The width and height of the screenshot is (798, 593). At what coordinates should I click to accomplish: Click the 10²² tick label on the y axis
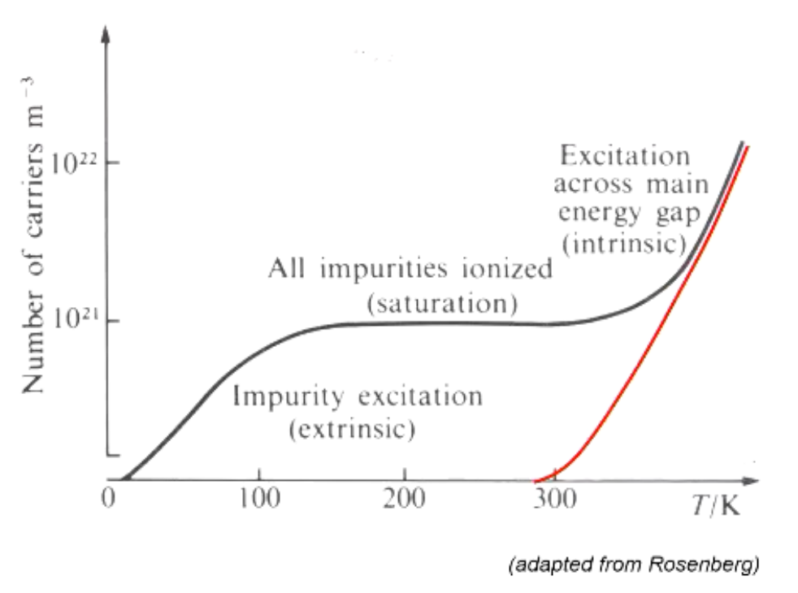(x=74, y=162)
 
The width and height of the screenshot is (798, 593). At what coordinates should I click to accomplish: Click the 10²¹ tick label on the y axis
(x=74, y=320)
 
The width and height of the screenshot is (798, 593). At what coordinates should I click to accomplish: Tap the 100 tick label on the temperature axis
(x=258, y=497)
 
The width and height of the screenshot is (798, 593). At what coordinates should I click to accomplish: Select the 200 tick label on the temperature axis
(x=404, y=497)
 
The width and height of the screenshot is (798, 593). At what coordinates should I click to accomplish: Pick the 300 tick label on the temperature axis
(x=556, y=497)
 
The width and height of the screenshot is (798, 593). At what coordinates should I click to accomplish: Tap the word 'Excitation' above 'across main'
(x=624, y=155)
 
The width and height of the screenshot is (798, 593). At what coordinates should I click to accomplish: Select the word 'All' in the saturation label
(x=285, y=268)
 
